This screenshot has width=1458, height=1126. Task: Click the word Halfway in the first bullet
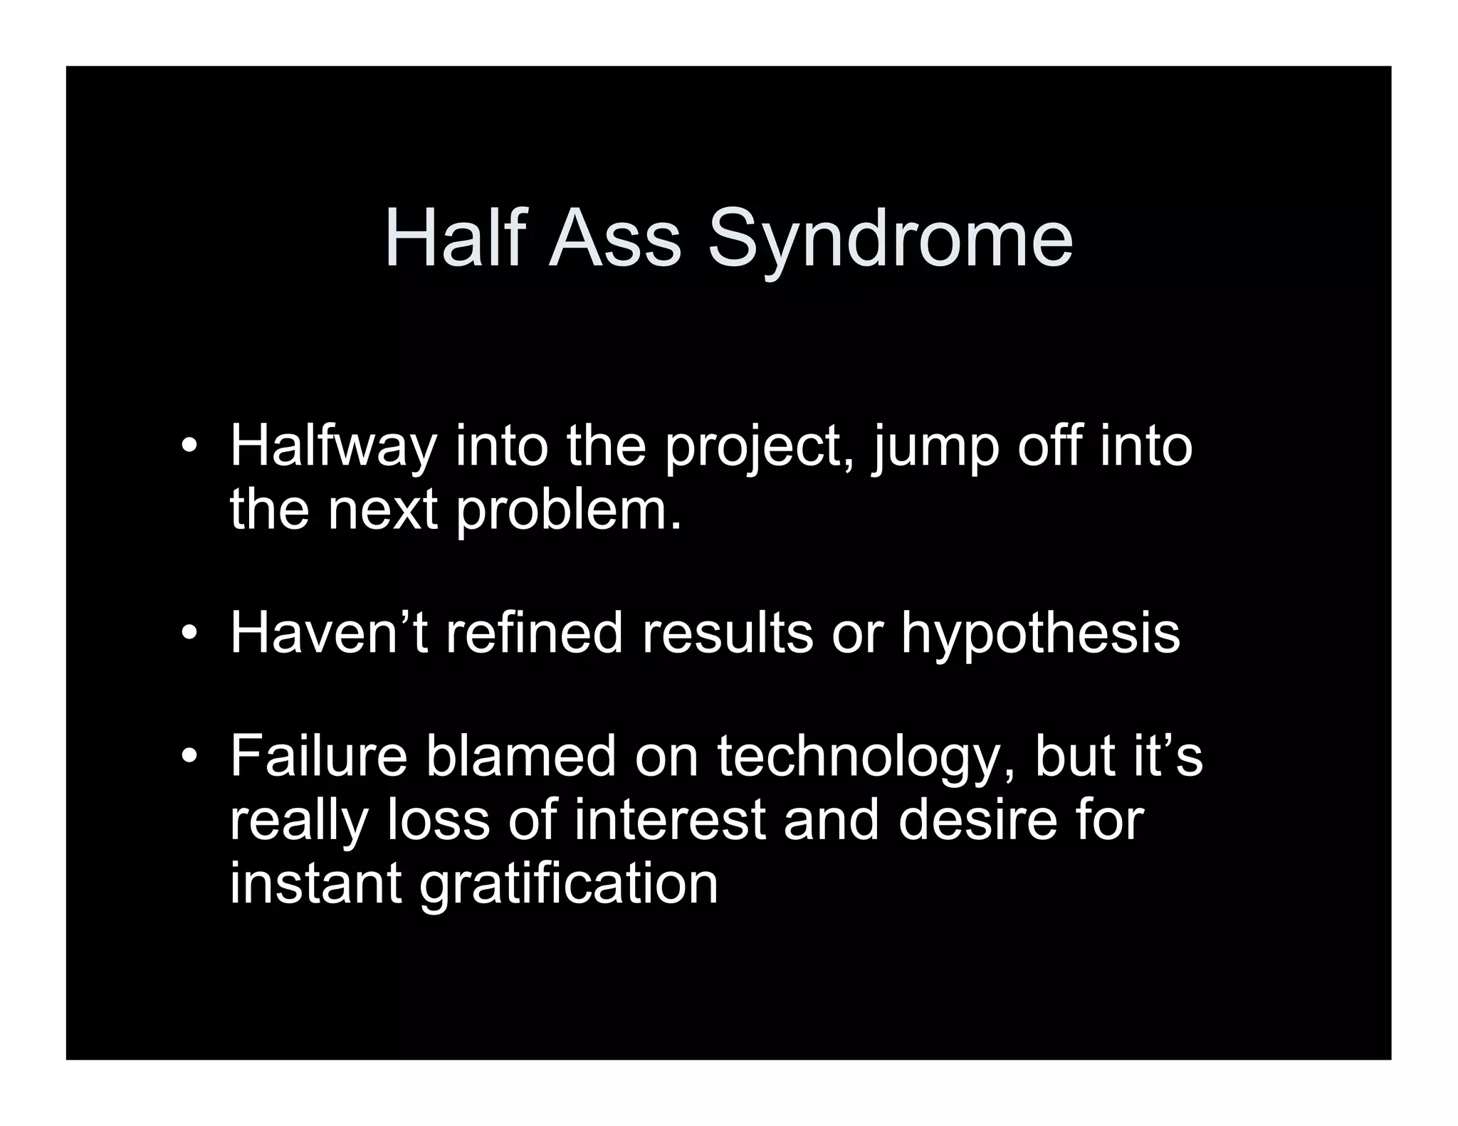tap(332, 447)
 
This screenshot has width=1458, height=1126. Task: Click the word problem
tap(569, 512)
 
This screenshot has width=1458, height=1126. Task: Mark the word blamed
tap(520, 756)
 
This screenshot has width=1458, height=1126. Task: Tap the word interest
tap(670, 819)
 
